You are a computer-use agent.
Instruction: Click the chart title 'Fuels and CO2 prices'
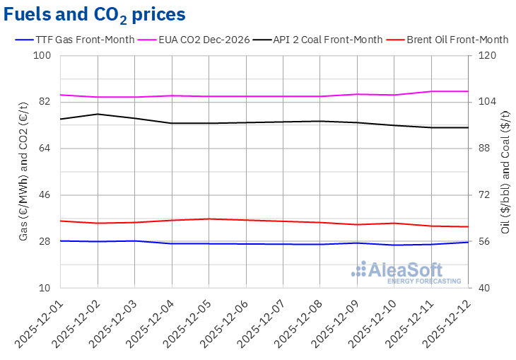pyautogui.click(x=95, y=13)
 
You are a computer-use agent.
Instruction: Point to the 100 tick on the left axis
pyautogui.click(x=45, y=56)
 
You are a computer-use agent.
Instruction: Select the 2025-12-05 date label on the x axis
pyautogui.click(x=185, y=322)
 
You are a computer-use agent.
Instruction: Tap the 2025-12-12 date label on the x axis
pyautogui.click(x=445, y=322)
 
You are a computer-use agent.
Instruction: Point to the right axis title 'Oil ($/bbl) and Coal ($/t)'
pyautogui.click(x=505, y=172)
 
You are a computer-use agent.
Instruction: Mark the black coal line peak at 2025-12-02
pyautogui.click(x=98, y=114)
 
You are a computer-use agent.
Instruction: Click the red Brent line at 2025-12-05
pyautogui.click(x=209, y=219)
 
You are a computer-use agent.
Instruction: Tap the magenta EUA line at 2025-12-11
pyautogui.click(x=431, y=91)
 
